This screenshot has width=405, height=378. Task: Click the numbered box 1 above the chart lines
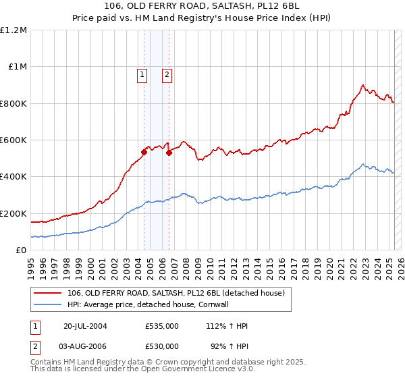[142, 76]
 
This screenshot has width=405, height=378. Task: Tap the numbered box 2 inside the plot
[167, 76]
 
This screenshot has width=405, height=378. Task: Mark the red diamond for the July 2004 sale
[144, 152]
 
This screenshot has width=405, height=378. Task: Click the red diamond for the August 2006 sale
[169, 153]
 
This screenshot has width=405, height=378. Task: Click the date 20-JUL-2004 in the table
[85, 326]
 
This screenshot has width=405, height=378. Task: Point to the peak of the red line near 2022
[363, 85]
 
